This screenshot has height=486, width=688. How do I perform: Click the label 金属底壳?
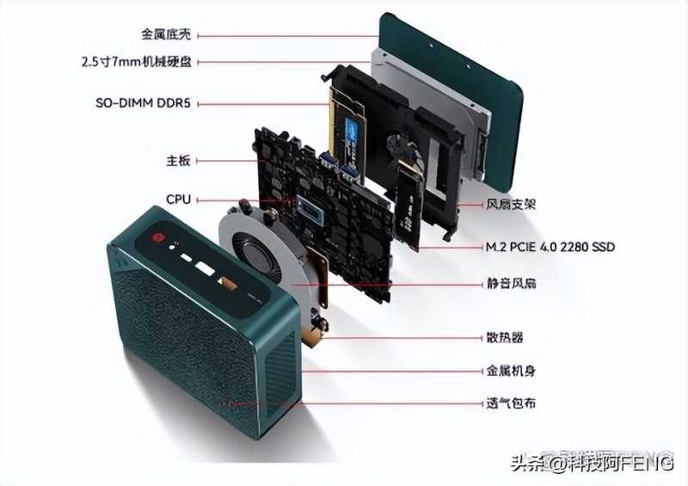(x=166, y=34)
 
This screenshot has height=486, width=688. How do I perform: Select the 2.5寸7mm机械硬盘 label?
(x=137, y=61)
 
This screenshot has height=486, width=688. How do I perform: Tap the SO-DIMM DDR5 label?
(x=143, y=103)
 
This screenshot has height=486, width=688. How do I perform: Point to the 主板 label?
(x=178, y=161)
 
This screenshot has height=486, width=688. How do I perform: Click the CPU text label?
(x=178, y=200)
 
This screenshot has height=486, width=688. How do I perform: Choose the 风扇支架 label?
(x=511, y=204)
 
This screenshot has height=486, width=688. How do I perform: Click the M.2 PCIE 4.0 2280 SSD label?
(x=550, y=247)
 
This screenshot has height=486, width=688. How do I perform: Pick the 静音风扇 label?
(x=511, y=284)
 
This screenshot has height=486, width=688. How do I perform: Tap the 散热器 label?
(x=505, y=337)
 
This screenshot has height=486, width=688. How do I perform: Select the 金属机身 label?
(x=511, y=371)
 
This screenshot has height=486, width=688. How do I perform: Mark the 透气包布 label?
(x=511, y=403)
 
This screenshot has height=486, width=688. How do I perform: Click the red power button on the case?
(x=157, y=237)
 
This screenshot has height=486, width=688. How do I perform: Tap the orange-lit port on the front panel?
(x=228, y=284)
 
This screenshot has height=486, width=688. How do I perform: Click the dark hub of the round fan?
(x=253, y=252)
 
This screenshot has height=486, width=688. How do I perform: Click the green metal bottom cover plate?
(x=452, y=102)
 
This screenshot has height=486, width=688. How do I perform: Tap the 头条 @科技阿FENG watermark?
(x=593, y=463)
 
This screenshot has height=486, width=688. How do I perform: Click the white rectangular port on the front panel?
(x=205, y=268)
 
